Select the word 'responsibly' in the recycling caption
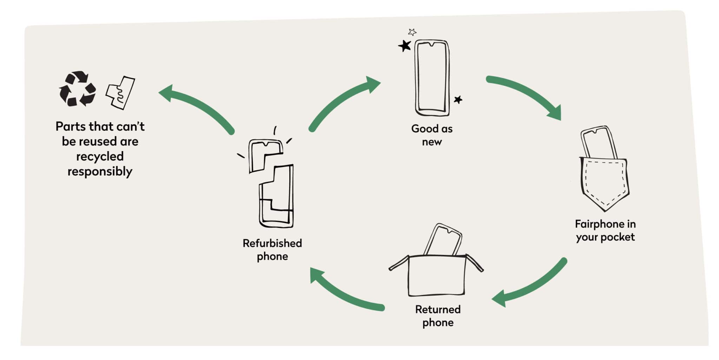click(100, 172)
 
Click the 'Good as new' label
click(432, 135)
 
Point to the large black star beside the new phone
click(405, 46)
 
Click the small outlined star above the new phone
click(413, 32)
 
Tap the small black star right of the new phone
click(458, 100)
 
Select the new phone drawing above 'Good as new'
click(432, 78)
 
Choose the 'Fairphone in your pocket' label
click(605, 230)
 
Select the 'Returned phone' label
click(438, 316)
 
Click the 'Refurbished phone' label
click(272, 250)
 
